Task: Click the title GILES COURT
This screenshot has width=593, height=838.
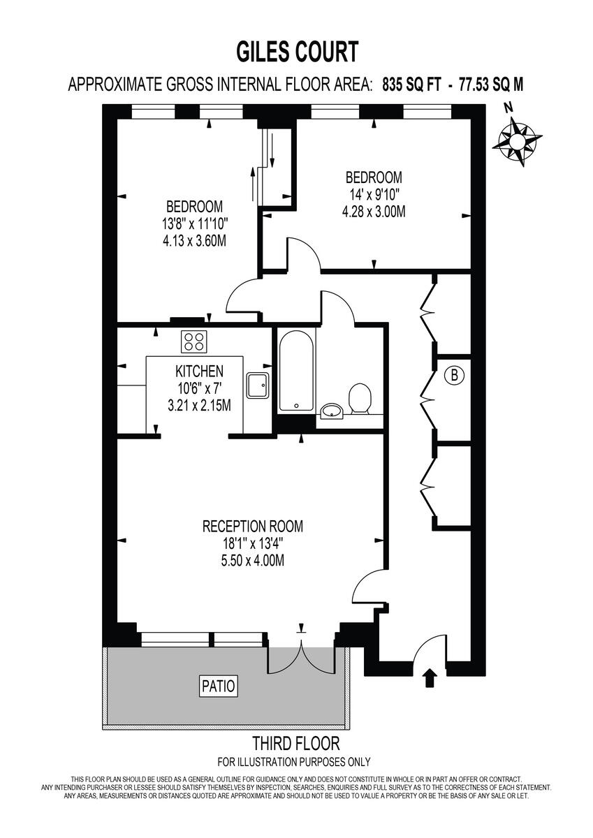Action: [297, 52]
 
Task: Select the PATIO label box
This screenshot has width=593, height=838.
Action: [219, 685]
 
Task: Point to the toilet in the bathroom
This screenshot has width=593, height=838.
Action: [360, 398]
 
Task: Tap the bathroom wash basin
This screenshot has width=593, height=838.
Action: [332, 411]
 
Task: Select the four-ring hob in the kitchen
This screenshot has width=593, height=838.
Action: [194, 341]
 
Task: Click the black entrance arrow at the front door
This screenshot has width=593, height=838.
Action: [430, 677]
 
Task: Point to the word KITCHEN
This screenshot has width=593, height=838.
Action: [199, 372]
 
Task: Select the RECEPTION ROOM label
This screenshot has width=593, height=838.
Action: [253, 526]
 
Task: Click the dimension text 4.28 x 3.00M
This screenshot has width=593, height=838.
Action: [374, 212]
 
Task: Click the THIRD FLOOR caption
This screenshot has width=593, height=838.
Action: [296, 742]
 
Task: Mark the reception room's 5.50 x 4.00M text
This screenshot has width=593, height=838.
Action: [253, 560]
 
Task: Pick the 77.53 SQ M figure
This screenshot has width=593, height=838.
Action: [492, 85]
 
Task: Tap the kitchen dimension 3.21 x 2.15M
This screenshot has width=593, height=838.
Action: [199, 405]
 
